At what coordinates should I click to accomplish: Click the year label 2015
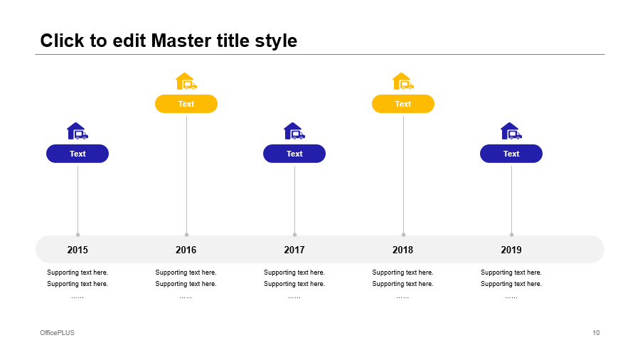pos(78,250)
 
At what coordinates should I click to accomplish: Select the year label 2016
pos(186,250)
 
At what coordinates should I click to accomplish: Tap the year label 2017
pos(294,250)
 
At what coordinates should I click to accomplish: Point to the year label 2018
pos(403,250)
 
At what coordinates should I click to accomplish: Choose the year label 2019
pos(511,250)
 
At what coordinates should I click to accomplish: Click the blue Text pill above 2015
pos(78,154)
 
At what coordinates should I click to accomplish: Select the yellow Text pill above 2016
pos(186,104)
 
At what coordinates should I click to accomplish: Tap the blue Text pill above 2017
pos(294,154)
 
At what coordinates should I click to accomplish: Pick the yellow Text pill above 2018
pos(403,104)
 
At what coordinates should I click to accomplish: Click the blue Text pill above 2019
pos(511,154)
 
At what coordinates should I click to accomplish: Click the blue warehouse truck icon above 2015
pos(78,131)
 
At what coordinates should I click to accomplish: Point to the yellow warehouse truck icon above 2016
pos(186,81)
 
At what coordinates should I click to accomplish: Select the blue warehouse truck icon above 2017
pos(294,131)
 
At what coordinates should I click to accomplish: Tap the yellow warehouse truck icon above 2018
pos(403,81)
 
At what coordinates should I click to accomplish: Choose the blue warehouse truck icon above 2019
pos(511,131)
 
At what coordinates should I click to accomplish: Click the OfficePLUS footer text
pos(57,333)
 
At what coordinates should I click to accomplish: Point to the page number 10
pos(596,333)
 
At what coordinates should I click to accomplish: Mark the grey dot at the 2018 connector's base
pos(403,235)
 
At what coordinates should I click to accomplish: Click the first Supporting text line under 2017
pos(294,272)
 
